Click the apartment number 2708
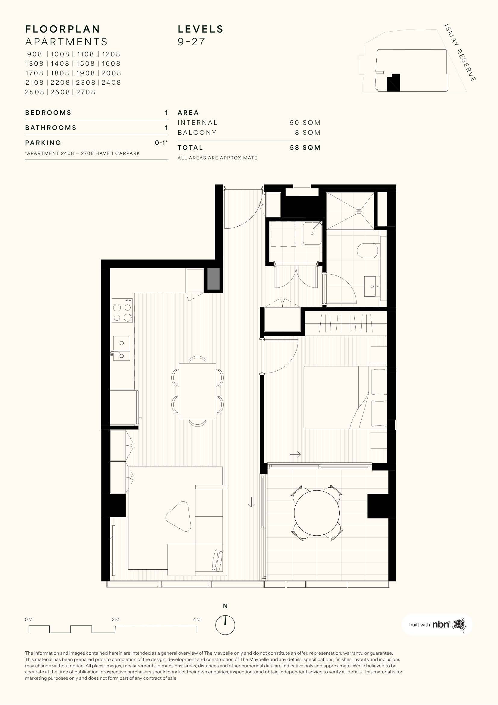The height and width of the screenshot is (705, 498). click(x=86, y=92)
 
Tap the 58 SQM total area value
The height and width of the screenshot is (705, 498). click(x=305, y=148)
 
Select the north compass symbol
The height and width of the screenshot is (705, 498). click(x=226, y=625)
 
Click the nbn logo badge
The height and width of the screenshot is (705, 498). click(x=437, y=624)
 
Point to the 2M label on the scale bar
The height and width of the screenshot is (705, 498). click(x=116, y=619)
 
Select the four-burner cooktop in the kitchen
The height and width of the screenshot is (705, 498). click(x=122, y=310)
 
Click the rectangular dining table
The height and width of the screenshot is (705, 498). click(x=198, y=391)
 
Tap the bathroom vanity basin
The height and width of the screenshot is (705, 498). click(x=372, y=286)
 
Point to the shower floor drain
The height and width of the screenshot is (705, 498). click(x=359, y=211)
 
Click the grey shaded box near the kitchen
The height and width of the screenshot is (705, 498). click(x=214, y=279)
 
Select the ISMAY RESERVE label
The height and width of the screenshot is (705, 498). click(x=460, y=52)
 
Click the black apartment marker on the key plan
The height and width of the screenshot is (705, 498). click(x=394, y=83)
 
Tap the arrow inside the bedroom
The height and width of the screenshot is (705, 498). click(x=295, y=455)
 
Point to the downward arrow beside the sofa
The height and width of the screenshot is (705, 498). click(x=251, y=502)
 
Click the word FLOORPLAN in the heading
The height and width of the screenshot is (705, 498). click(x=63, y=29)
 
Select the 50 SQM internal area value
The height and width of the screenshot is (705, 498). click(x=305, y=122)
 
